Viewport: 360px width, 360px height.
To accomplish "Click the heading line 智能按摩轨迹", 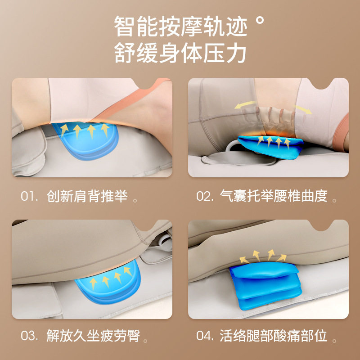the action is pos(180,26).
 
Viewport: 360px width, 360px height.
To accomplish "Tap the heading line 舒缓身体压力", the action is pos(180,53).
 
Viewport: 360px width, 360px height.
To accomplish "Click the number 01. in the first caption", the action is pos(29,197).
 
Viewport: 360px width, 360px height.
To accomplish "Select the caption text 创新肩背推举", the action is pos(87,196).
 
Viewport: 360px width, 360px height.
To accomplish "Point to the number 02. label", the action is pos(205,197).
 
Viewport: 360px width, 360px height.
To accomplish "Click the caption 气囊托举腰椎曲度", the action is pos(274,196).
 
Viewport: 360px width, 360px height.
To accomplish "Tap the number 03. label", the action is pos(29,336).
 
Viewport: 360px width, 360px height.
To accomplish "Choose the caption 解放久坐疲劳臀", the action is pos(93,336).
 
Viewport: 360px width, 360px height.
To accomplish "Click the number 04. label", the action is pos(205,336).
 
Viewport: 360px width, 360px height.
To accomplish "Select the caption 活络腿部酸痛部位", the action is pos(273,336).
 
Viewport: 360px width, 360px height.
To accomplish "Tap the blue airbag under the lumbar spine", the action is pos(271,146).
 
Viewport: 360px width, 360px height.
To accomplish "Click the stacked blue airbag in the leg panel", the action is pos(265,285).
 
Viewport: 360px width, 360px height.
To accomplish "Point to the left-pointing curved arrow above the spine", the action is pos(245,104).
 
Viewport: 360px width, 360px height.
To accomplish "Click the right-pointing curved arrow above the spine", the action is pos(303,109).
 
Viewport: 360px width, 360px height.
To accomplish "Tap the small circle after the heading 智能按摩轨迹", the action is pos(260,20).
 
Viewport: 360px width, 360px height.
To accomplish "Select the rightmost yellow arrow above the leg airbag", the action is pos(282,258).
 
